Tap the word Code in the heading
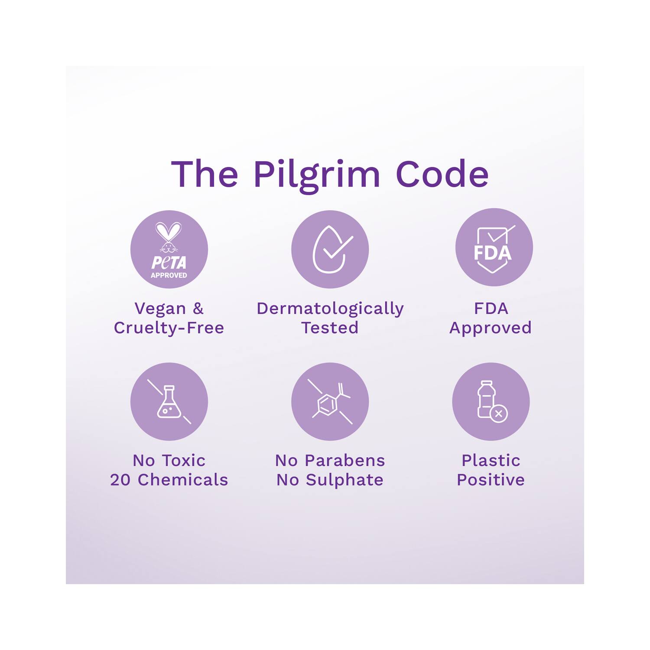[x=442, y=174]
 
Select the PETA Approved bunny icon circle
[x=169, y=249]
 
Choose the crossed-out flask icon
[x=169, y=402]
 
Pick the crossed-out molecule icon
[x=330, y=402]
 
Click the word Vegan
[x=160, y=309]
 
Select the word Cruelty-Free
[x=169, y=328]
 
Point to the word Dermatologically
[x=330, y=309]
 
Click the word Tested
[x=330, y=328]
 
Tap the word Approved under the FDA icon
[x=491, y=328]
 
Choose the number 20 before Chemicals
[x=120, y=480]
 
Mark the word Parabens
[x=344, y=460]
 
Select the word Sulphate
[x=344, y=480]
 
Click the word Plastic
[x=491, y=460]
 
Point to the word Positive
[x=491, y=480]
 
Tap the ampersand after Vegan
[x=198, y=309]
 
